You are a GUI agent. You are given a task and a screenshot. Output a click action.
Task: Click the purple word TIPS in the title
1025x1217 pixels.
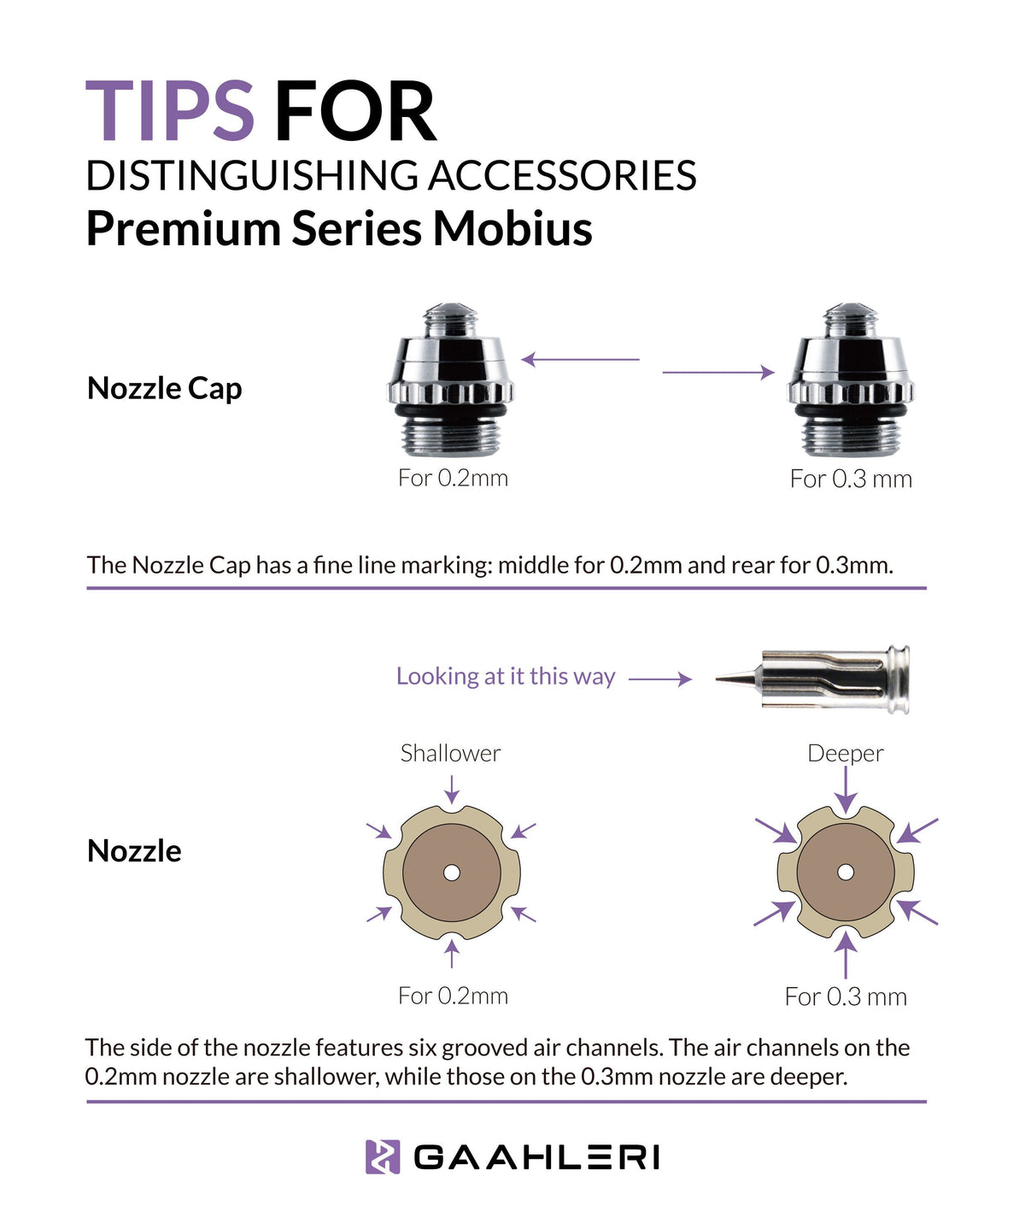[170, 111]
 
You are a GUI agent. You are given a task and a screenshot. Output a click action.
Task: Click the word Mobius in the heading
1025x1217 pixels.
[512, 228]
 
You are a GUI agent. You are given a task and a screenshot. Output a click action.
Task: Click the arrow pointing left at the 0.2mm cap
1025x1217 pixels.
[580, 360]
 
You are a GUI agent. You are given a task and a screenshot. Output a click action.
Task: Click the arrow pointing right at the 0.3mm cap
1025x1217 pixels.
[718, 373]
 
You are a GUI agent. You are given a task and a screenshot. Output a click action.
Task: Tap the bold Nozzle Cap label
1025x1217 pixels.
[165, 388]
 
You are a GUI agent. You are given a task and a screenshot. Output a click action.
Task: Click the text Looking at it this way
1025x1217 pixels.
[505, 676]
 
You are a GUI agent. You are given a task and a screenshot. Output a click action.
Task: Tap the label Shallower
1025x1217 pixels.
[450, 753]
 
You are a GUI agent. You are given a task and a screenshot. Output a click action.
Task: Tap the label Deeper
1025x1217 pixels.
[845, 753]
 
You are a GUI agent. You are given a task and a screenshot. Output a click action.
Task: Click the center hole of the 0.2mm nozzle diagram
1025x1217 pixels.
[452, 873]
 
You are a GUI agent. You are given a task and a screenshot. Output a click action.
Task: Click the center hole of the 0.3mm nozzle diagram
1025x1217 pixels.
[846, 873]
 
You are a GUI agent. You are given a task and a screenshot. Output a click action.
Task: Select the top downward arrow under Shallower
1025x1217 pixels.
[452, 788]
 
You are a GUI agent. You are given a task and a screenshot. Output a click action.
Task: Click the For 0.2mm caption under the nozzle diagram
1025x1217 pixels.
[453, 996]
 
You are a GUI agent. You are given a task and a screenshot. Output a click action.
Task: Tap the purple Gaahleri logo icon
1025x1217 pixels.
[383, 1157]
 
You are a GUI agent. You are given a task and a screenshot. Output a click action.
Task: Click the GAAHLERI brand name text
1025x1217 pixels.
[536, 1157]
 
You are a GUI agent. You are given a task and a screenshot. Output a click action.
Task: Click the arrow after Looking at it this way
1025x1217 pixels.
[660, 679]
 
